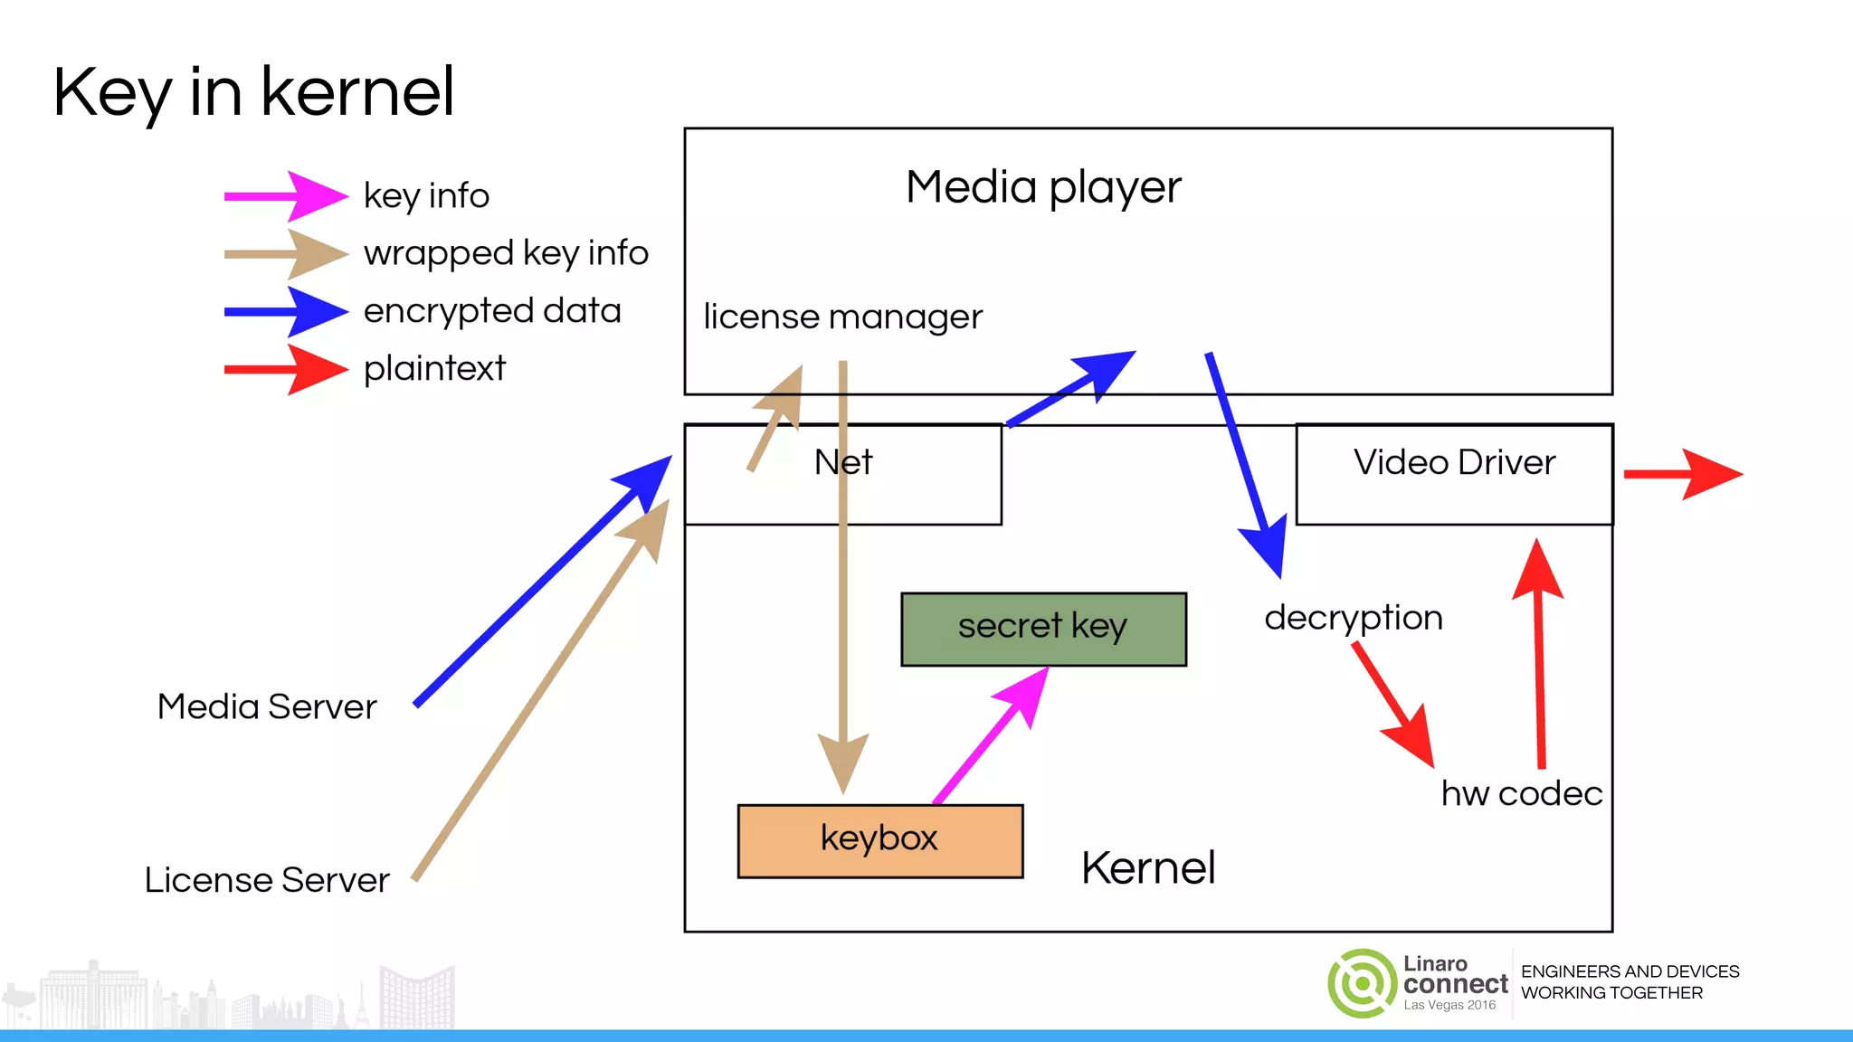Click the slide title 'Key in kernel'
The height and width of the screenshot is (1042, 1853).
pos(253,92)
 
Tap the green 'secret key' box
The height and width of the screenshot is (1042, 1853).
pos(1043,629)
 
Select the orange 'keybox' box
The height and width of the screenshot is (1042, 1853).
pos(879,840)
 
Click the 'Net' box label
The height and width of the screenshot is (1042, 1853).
pos(842,463)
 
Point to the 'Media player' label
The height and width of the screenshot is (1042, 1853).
pos(1043,188)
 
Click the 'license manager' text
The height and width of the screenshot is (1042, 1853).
pos(842,317)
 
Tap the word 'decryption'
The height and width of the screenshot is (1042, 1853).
pos(1353,619)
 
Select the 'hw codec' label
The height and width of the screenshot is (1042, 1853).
pos(1521,793)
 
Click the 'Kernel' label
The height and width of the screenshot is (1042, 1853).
pos(1147,868)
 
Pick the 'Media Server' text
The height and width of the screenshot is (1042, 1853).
pos(267,706)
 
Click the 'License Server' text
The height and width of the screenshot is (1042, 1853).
pos(267,880)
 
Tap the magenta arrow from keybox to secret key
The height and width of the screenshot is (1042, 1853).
pos(992,734)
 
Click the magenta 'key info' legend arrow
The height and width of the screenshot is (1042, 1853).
pos(285,196)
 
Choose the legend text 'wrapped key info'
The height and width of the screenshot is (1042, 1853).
pos(506,253)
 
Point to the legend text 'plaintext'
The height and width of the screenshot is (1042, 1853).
pos(434,369)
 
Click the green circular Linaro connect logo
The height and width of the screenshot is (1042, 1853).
pos(1362,983)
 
